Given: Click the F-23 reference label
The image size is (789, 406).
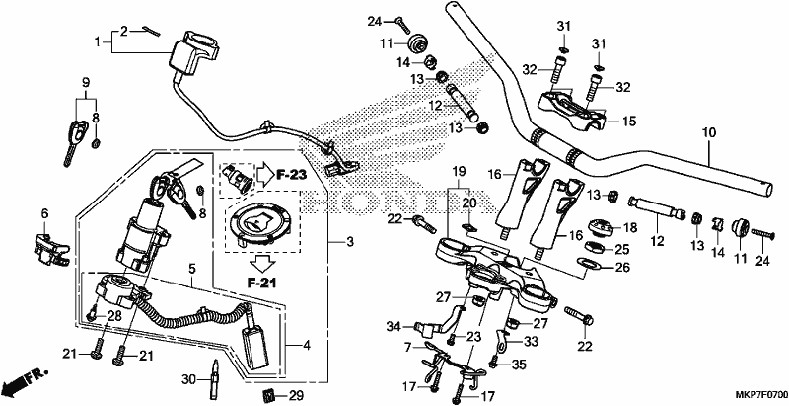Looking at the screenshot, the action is pos(291,175).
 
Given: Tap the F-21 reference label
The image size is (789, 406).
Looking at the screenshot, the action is pos(262,284).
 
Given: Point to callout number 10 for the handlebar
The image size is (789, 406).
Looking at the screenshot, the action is pos(709,133).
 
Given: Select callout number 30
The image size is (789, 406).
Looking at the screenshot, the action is pos(187,378).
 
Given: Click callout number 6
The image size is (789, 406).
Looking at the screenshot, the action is pos(44,214).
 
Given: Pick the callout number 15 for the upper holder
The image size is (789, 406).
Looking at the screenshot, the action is pos(629,122).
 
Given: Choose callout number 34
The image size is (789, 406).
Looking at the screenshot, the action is pos(394,328).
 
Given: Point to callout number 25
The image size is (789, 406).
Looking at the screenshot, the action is pos(623,249).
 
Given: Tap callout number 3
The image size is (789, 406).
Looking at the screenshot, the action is pos(350,242).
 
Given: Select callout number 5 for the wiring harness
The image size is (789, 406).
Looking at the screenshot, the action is pos(191,270).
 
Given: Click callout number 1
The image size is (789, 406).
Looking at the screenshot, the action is pos(98,41).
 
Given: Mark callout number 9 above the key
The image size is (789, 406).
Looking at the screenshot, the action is pos(86,82).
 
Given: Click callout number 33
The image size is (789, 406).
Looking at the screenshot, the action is pos(531,342).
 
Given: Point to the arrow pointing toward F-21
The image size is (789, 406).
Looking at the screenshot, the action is pos(262,263).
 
